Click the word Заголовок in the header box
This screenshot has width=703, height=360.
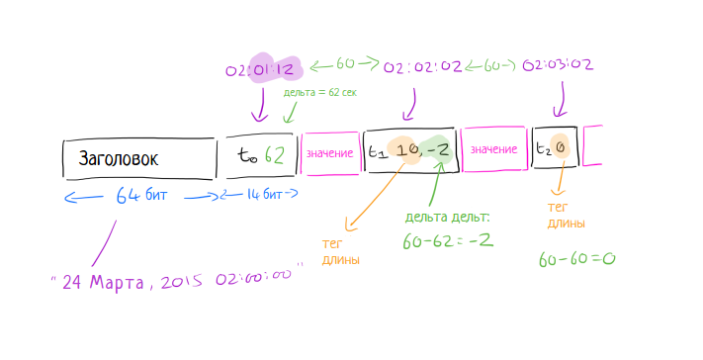point(119,157)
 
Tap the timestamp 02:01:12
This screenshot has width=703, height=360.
point(261,68)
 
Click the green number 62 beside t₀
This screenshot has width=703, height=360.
point(279,154)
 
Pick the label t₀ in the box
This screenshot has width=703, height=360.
point(246,154)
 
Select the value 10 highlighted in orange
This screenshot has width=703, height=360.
point(404,150)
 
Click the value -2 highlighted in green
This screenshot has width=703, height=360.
point(437,150)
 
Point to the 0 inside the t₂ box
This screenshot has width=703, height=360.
point(560,149)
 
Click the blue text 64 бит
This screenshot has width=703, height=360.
point(141,195)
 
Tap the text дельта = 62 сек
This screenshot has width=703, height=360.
point(319,92)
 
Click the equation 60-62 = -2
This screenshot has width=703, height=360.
point(448,240)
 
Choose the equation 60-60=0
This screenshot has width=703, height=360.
point(577,259)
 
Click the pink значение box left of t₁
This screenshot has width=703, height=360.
point(329,152)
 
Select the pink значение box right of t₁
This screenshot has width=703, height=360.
point(493,149)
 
